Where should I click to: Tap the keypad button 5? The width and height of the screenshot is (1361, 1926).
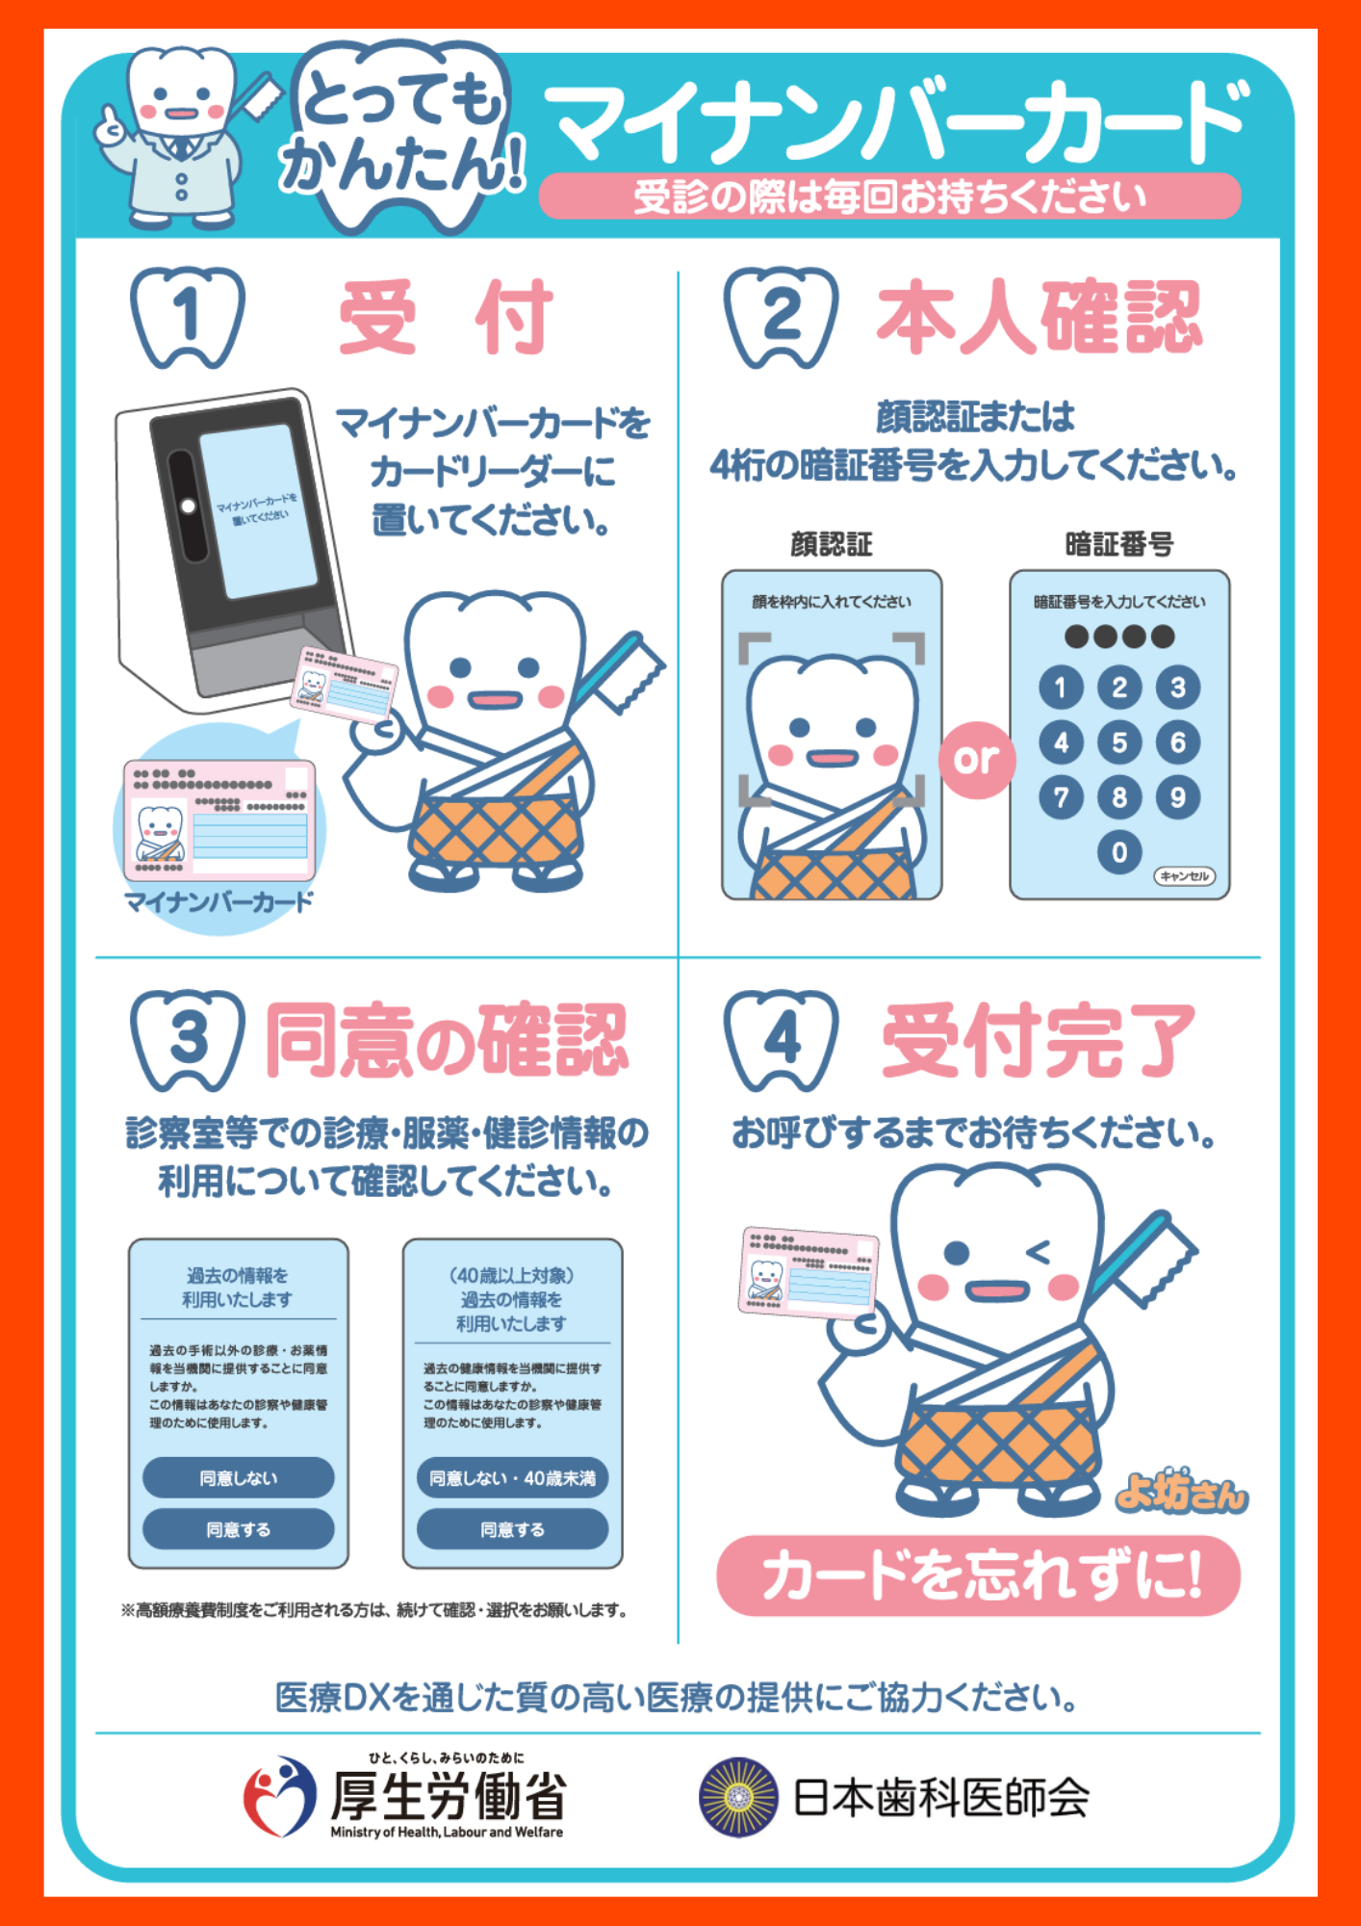coord(1118,742)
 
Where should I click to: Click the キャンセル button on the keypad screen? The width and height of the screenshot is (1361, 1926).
coord(1184,876)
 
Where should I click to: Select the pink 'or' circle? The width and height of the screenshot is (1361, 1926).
coord(977,760)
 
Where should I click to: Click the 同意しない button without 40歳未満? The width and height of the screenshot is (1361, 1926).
coord(238,1477)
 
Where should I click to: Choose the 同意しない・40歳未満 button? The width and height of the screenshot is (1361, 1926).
coord(512,1477)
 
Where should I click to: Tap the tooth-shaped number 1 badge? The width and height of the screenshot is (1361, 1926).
coord(188,317)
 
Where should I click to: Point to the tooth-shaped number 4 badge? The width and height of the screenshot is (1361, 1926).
coord(782,1040)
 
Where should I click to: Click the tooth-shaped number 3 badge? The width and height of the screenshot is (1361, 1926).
coord(188,1040)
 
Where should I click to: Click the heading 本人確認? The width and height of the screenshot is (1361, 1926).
coord(1040,317)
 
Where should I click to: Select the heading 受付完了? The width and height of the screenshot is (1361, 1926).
coord(1040,1040)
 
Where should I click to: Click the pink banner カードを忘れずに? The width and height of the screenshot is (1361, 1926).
coord(979,1575)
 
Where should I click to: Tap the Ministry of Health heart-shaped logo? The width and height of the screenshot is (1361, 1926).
coord(279,1796)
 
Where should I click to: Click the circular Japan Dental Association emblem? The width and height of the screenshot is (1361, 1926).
coord(738,1797)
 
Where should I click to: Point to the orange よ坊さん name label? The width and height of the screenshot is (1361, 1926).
coord(1181,1491)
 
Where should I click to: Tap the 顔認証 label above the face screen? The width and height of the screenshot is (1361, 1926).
coord(832,544)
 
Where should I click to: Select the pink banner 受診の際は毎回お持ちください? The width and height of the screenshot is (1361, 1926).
coord(890,196)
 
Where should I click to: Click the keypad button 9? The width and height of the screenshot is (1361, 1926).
coord(1177,797)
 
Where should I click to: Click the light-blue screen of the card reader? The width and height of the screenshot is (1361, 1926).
coord(258,509)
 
